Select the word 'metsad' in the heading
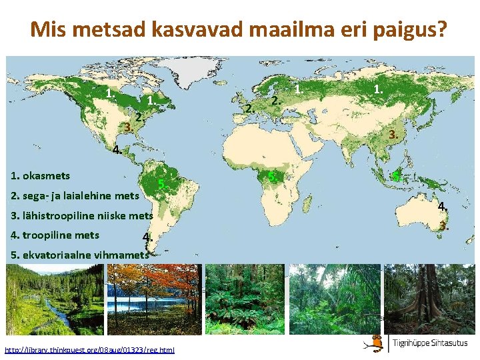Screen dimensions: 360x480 pos(117,30)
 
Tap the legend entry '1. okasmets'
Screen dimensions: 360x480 pos(41,176)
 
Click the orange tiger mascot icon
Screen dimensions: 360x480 pos(377,343)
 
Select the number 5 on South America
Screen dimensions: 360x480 pos(161,184)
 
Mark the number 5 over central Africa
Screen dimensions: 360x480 pos(272,176)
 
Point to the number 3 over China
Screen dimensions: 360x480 pos(394,134)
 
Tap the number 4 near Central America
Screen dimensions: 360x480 pos(117,150)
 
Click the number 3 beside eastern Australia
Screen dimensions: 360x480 pos(443,225)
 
